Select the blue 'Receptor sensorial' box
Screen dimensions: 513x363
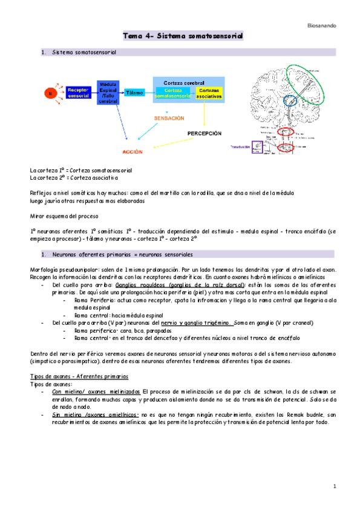(x=78, y=93)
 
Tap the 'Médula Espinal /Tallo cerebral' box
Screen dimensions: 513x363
(x=108, y=93)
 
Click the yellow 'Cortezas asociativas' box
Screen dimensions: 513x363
(x=209, y=93)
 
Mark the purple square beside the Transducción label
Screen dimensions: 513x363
(x=258, y=146)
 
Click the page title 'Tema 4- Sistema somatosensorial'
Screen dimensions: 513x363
(x=182, y=36)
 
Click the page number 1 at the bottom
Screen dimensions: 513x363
(x=334, y=486)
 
